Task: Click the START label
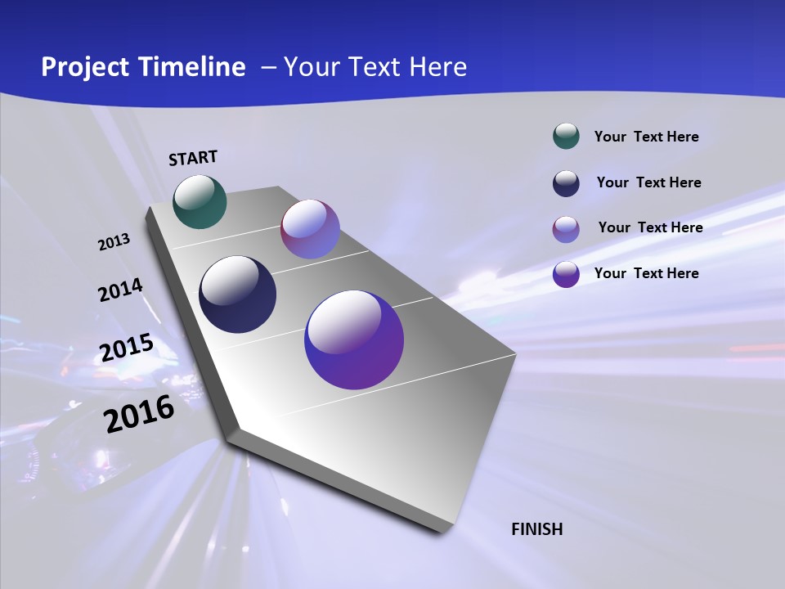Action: pyautogui.click(x=193, y=158)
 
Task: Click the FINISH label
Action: pyautogui.click(x=537, y=529)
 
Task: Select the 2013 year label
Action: pyautogui.click(x=114, y=242)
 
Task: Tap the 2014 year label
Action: pyautogui.click(x=120, y=290)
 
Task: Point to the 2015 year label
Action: pyautogui.click(x=127, y=348)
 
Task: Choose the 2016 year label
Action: pyautogui.click(x=139, y=414)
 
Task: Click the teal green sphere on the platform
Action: pyautogui.click(x=200, y=201)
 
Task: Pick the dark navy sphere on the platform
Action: pyautogui.click(x=237, y=294)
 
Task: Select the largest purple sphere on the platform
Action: pyautogui.click(x=354, y=339)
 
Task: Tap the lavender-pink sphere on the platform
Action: pyautogui.click(x=310, y=229)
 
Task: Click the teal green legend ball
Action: pyautogui.click(x=566, y=136)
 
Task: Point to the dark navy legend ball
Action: pyautogui.click(x=566, y=183)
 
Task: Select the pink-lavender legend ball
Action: pyautogui.click(x=566, y=229)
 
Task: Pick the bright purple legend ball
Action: pyautogui.click(x=566, y=274)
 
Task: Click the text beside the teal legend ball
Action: pyautogui.click(x=646, y=137)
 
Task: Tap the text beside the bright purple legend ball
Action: pyautogui.click(x=646, y=273)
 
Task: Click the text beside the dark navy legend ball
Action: pyautogui.click(x=648, y=182)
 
